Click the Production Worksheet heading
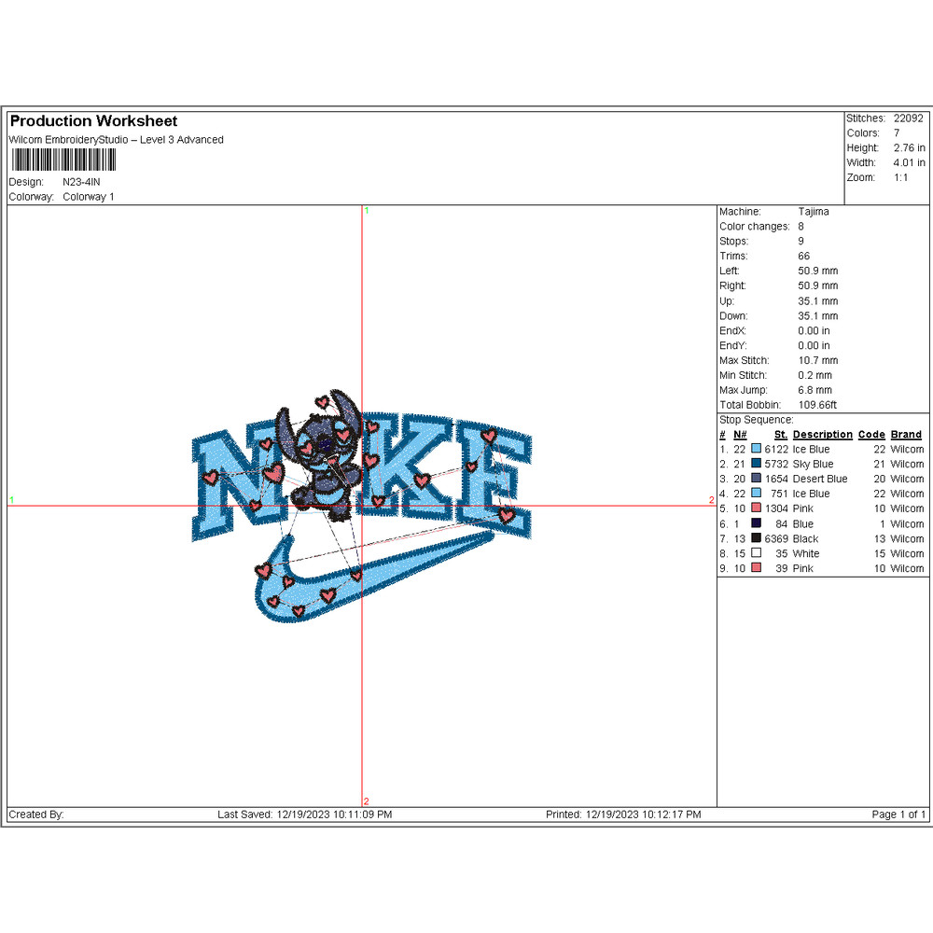pos(93,121)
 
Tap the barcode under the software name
pos(63,160)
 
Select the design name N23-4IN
pos(81,182)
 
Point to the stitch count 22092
pos(908,118)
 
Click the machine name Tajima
pos(814,212)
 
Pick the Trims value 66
pos(804,257)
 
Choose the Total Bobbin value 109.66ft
pos(817,405)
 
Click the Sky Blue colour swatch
pos(757,463)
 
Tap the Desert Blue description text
pos(820,479)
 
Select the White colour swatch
pos(757,552)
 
